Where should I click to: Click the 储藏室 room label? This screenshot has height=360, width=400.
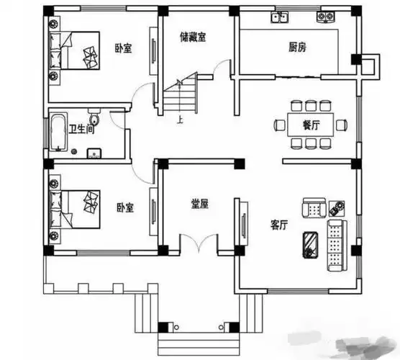193,38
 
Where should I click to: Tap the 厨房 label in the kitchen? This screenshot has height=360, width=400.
298,48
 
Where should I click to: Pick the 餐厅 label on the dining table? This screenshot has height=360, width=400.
312,125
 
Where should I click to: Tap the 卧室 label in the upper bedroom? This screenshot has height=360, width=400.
123,49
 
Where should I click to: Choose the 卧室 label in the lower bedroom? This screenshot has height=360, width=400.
124,207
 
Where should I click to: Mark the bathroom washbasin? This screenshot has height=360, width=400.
93,153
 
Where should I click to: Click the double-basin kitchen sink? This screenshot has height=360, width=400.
278,17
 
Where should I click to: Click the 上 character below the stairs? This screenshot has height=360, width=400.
178,120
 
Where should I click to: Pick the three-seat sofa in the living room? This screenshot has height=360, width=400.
336,246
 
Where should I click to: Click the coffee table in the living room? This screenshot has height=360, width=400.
309,243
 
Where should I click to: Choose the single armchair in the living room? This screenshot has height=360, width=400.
314,208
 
